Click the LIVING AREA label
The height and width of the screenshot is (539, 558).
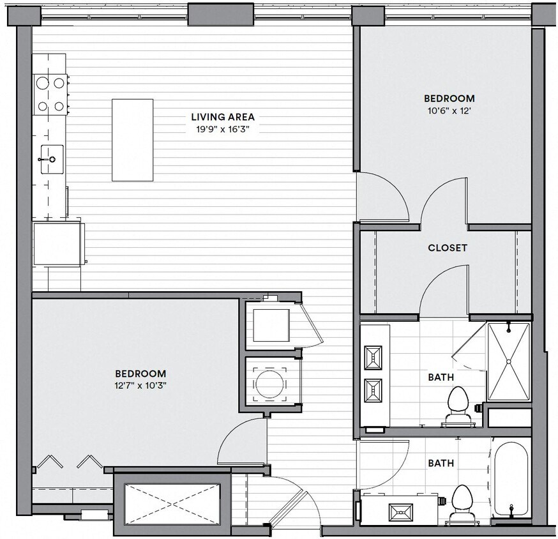pyautogui.click(x=223, y=117)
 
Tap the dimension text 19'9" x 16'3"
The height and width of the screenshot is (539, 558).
pyautogui.click(x=223, y=128)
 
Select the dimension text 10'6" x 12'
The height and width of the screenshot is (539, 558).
pyautogui.click(x=449, y=110)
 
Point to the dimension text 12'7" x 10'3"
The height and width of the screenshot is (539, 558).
pyautogui.click(x=140, y=385)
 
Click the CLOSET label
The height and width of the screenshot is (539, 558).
pyautogui.click(x=447, y=248)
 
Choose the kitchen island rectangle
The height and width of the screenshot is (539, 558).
pyautogui.click(x=133, y=140)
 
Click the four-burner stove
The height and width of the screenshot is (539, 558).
pyautogui.click(x=51, y=94)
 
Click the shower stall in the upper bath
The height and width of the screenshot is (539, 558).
pyautogui.click(x=508, y=362)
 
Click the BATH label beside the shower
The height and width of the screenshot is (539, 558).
pyautogui.click(x=441, y=377)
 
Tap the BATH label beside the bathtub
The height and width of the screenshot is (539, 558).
pyautogui.click(x=441, y=463)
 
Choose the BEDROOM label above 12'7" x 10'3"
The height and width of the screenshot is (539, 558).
pyautogui.click(x=140, y=374)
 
